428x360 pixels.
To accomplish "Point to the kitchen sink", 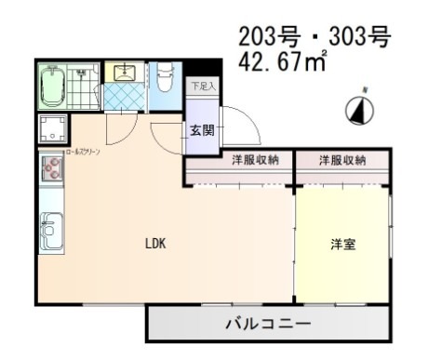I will click(51, 227).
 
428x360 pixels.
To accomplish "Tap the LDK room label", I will click(154, 245).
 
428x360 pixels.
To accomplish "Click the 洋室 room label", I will click(342, 245).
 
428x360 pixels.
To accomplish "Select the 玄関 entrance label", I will click(201, 130).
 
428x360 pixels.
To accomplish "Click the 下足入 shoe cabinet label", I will click(201, 87).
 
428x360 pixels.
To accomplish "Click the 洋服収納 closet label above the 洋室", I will click(342, 161).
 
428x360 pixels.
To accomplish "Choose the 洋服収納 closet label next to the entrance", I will click(255, 161).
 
